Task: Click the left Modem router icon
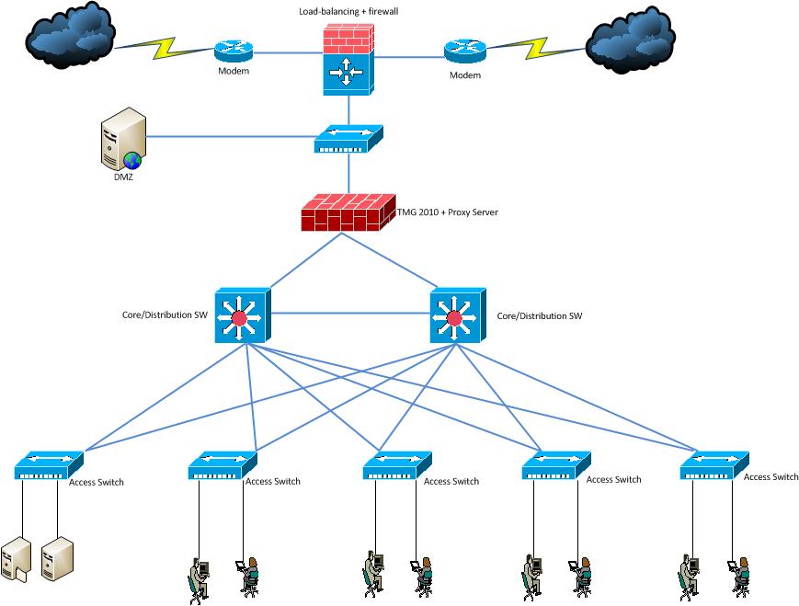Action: click(233, 52)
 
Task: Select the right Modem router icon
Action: click(462, 52)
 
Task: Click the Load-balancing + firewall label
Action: click(348, 11)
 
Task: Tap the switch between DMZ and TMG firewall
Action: click(348, 140)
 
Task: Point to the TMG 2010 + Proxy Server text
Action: click(447, 212)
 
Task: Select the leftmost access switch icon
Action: click(49, 466)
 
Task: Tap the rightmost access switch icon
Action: click(714, 465)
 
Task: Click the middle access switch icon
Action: click(397, 466)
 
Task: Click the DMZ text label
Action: click(124, 177)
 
